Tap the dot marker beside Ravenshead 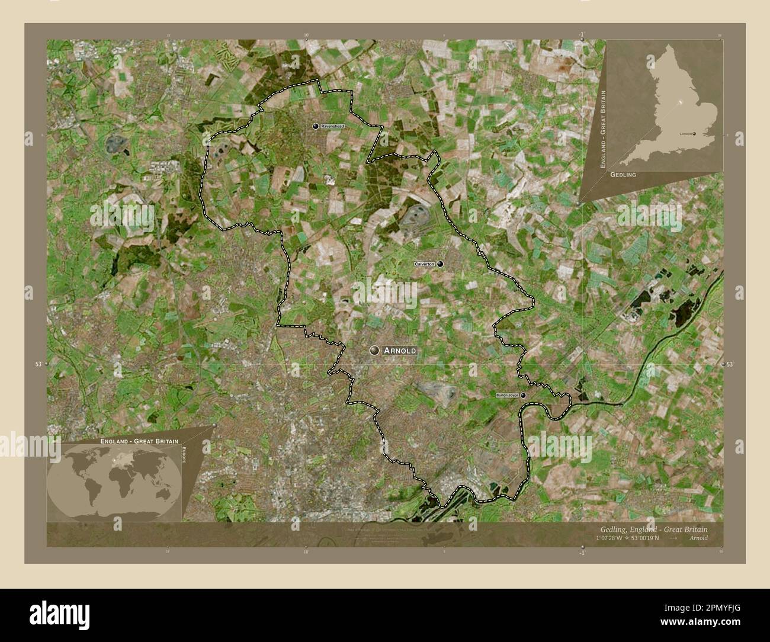point(316,126)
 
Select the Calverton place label point(425,264)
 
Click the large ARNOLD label point(399,351)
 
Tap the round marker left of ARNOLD point(374,351)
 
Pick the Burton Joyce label point(508,395)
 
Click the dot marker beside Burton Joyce point(523,395)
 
